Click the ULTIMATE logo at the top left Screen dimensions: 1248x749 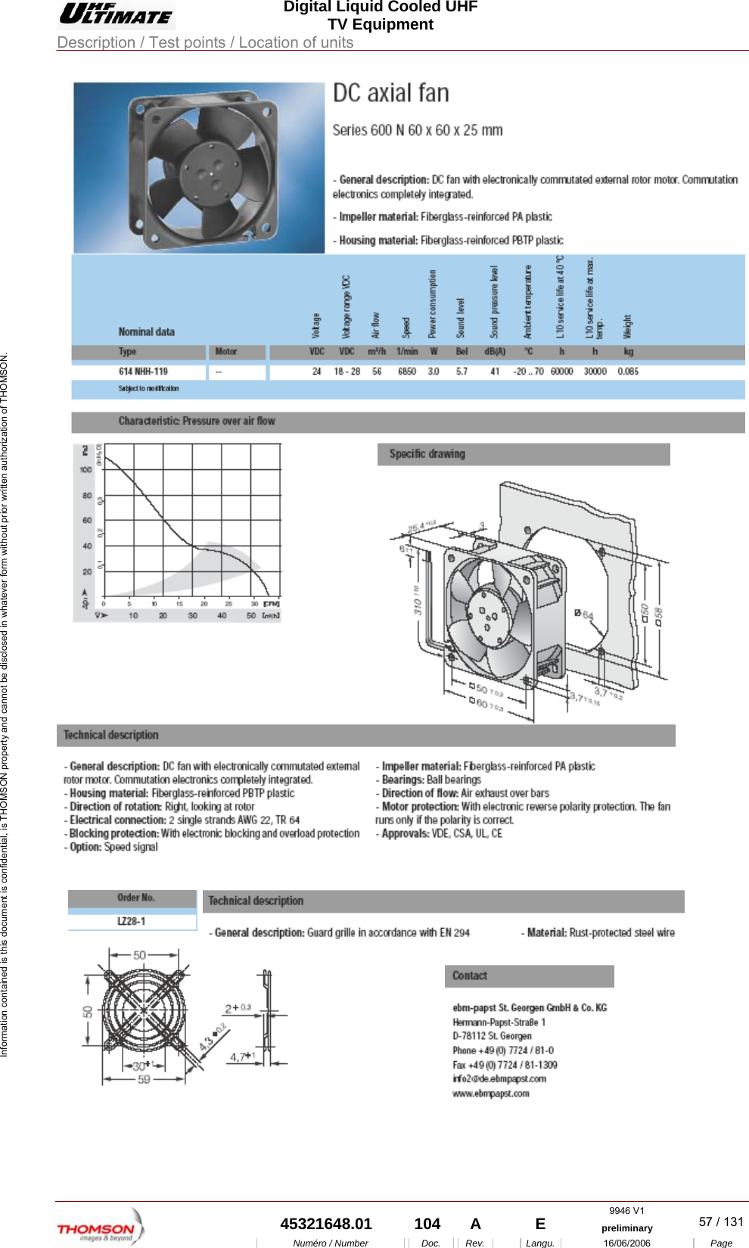coord(117,14)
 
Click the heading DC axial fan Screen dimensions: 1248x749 coord(391,93)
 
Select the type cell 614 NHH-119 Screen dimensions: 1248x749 coord(143,372)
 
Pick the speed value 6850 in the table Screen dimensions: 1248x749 coord(407,372)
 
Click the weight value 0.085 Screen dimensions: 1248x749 coord(627,372)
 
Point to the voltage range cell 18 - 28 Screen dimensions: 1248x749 coord(347,372)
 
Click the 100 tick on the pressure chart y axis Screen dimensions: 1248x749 coord(85,470)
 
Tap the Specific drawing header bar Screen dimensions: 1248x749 coord(524,454)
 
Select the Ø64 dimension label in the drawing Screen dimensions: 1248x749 coord(584,615)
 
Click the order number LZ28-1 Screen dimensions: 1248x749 coord(132,922)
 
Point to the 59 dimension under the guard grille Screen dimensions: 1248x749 coord(144,1080)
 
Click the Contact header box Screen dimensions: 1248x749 coord(529,976)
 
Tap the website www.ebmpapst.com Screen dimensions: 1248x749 coord(491,1094)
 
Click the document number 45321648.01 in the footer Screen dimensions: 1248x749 coord(326,1224)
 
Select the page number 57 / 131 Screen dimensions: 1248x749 coord(720,1222)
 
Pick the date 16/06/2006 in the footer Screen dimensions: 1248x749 coord(626,1243)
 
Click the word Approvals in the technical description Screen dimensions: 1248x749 coord(406,834)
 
